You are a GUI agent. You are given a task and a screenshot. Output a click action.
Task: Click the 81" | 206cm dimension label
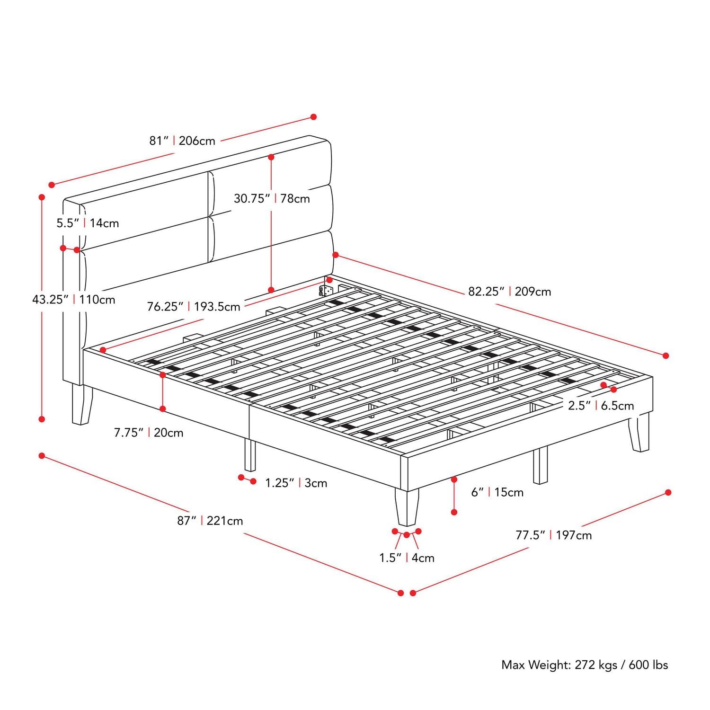[x=182, y=141]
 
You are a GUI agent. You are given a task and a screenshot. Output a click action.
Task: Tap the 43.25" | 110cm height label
[x=73, y=300]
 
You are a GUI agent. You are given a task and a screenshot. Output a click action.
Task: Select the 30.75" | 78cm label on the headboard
[x=272, y=198]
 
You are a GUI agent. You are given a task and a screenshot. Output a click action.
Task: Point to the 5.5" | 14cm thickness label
[x=88, y=223]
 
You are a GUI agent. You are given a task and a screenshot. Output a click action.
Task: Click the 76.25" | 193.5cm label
[x=193, y=307]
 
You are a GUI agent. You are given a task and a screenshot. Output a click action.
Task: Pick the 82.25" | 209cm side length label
[x=509, y=292]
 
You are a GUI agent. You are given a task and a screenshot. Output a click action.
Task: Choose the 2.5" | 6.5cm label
[x=601, y=406]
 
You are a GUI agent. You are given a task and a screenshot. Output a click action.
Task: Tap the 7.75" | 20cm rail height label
[x=148, y=433]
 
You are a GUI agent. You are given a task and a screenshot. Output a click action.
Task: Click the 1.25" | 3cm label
[x=296, y=483]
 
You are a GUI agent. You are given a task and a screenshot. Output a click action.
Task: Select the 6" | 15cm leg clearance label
[x=497, y=492]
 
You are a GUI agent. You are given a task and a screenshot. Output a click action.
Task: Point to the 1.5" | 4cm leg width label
[x=407, y=558]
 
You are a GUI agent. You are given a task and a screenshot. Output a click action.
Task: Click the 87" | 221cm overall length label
[x=210, y=521]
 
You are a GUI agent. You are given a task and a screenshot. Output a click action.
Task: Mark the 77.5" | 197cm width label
[x=553, y=535]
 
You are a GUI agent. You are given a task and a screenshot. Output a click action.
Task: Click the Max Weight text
[x=584, y=665]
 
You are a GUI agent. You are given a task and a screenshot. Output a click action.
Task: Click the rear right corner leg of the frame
[x=639, y=433]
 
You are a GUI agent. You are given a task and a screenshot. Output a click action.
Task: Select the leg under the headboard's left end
[x=82, y=405]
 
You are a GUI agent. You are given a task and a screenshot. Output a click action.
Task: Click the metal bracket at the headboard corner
[x=324, y=290]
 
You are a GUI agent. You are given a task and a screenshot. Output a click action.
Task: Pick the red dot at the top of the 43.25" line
[x=42, y=197]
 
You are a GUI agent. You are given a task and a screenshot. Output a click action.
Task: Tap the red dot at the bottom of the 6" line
[x=454, y=512]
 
